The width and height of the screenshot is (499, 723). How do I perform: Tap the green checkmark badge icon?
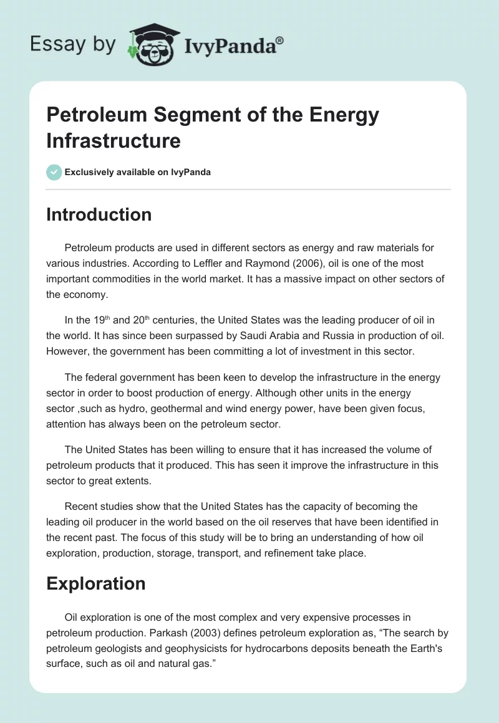[x=54, y=172]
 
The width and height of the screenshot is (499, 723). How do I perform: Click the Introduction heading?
[x=99, y=214]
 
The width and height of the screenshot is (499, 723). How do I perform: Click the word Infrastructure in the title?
[x=113, y=140]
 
